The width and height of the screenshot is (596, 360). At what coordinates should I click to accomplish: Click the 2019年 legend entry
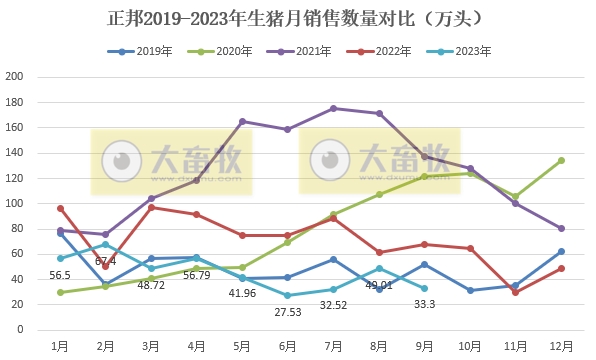click(147, 50)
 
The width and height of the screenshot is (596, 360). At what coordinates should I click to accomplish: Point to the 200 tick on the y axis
click(16, 77)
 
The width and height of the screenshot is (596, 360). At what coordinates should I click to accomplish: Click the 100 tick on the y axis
click(16, 203)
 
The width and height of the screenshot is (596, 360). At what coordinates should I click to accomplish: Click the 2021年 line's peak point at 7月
click(333, 108)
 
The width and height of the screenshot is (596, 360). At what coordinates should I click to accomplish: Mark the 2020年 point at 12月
click(561, 160)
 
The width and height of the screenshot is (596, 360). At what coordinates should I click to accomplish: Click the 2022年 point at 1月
click(60, 208)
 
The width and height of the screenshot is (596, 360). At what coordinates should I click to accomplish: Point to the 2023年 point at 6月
click(287, 295)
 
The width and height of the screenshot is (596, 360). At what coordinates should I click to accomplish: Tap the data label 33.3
click(424, 304)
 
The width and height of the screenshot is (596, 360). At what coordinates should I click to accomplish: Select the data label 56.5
click(60, 275)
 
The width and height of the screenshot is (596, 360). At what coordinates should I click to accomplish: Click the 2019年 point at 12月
click(561, 251)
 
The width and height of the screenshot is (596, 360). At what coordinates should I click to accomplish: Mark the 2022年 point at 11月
click(515, 292)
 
